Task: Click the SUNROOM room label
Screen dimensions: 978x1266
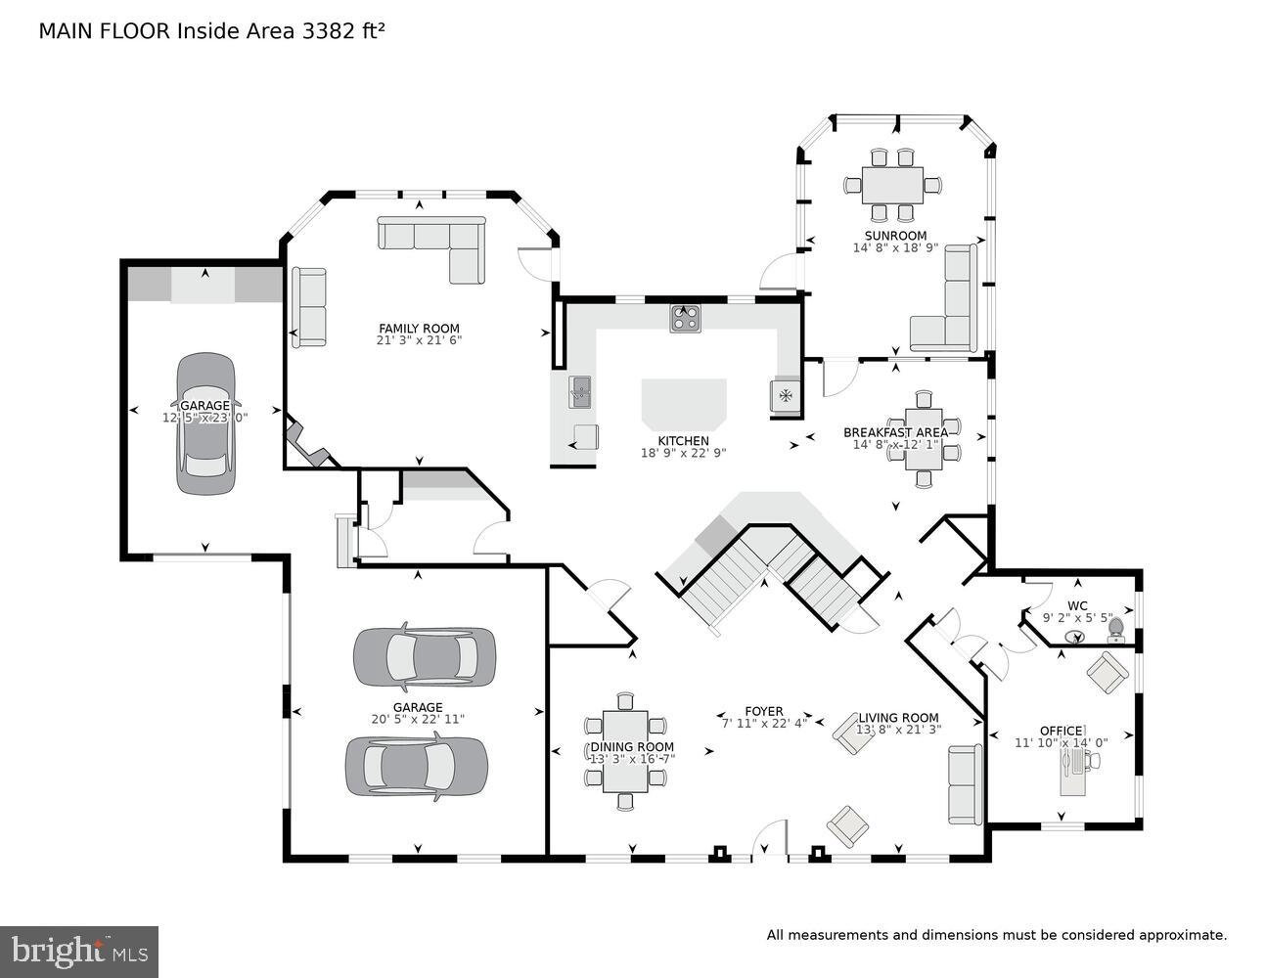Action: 895,236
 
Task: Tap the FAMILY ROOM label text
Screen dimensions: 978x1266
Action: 419,329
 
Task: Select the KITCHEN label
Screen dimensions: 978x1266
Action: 683,441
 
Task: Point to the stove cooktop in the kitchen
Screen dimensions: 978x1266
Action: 685,318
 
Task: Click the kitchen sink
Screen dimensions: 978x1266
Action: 580,393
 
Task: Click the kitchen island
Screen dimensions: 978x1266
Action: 684,402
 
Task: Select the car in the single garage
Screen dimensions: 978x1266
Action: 205,422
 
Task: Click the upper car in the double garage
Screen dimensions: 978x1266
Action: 424,656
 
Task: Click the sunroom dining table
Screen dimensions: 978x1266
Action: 892,184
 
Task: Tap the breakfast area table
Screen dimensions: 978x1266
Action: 924,438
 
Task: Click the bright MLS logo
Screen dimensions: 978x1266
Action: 79,952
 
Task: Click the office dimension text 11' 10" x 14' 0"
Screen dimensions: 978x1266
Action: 1061,743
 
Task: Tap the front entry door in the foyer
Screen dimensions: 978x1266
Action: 770,842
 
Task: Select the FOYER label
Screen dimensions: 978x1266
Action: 764,711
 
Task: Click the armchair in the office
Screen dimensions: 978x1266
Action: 1107,672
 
